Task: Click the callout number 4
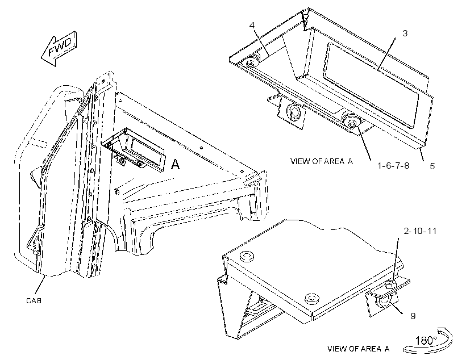click(252, 25)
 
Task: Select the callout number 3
click(405, 34)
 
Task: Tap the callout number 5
click(432, 166)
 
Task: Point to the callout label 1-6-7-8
click(393, 165)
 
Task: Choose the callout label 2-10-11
click(420, 231)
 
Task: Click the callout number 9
click(413, 316)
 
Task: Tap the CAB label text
click(34, 300)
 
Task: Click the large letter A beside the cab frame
click(176, 164)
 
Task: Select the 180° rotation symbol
click(428, 341)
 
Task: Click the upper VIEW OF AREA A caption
click(322, 161)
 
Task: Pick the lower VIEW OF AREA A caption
click(359, 349)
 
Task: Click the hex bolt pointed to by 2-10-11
click(390, 284)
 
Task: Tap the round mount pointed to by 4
click(251, 61)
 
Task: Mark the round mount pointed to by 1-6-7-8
click(352, 120)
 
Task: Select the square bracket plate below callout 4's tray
click(291, 113)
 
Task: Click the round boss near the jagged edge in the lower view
click(247, 256)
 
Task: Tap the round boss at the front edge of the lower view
click(311, 298)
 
